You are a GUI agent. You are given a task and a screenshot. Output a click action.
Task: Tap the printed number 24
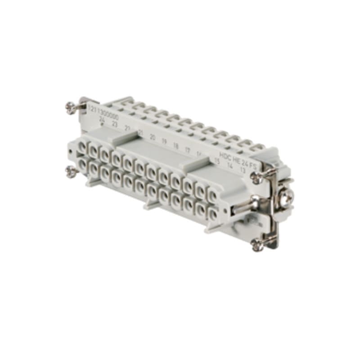click(x=103, y=121)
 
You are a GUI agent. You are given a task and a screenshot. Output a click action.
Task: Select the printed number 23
click(x=115, y=124)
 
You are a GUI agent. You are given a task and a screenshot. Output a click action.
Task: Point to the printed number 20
click(x=153, y=137)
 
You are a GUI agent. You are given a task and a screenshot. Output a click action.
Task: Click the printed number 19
click(x=164, y=141)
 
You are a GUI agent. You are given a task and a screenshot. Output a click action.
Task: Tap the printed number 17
click(x=188, y=149)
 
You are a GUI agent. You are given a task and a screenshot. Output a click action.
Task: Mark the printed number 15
click(x=217, y=161)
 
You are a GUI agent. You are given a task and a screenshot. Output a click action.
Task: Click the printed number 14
click(x=230, y=166)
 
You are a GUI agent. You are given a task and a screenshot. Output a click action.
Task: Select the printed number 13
click(x=243, y=170)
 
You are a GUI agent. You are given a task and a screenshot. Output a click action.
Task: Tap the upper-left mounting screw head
click(x=71, y=108)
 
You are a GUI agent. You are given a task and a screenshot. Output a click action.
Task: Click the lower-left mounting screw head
click(x=70, y=171)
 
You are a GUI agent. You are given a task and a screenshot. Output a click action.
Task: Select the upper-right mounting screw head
click(x=257, y=178)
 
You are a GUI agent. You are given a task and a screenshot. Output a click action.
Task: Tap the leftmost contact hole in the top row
click(x=82, y=148)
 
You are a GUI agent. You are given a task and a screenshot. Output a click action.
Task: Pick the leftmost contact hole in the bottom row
click(x=82, y=165)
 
